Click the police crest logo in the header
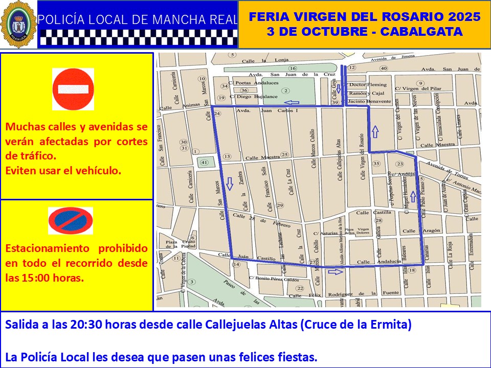[18, 25]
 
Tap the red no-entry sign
[73, 89]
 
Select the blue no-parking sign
[71, 221]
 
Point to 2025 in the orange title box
[462, 17]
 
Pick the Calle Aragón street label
[427, 231]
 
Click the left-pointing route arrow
[292, 102]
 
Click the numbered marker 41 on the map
[205, 163]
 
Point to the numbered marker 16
[293, 68]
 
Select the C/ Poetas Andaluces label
[254, 83]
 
